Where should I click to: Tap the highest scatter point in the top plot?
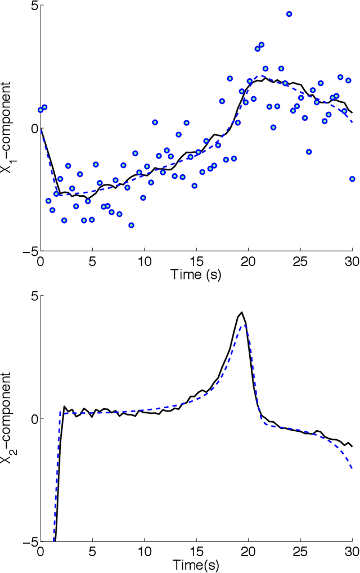(x=289, y=14)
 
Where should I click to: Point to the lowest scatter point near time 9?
(x=131, y=225)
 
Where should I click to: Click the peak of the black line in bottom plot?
(x=241, y=313)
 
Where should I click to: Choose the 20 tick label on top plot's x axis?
(x=248, y=262)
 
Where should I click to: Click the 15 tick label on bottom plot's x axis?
(x=196, y=552)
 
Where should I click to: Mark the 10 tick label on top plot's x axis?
(x=144, y=262)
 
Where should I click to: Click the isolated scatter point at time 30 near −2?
(x=352, y=179)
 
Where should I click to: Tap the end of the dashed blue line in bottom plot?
(x=352, y=468)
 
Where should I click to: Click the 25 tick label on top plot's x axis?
(x=300, y=262)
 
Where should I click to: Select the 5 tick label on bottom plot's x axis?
(x=92, y=552)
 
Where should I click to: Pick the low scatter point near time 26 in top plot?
(x=309, y=152)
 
